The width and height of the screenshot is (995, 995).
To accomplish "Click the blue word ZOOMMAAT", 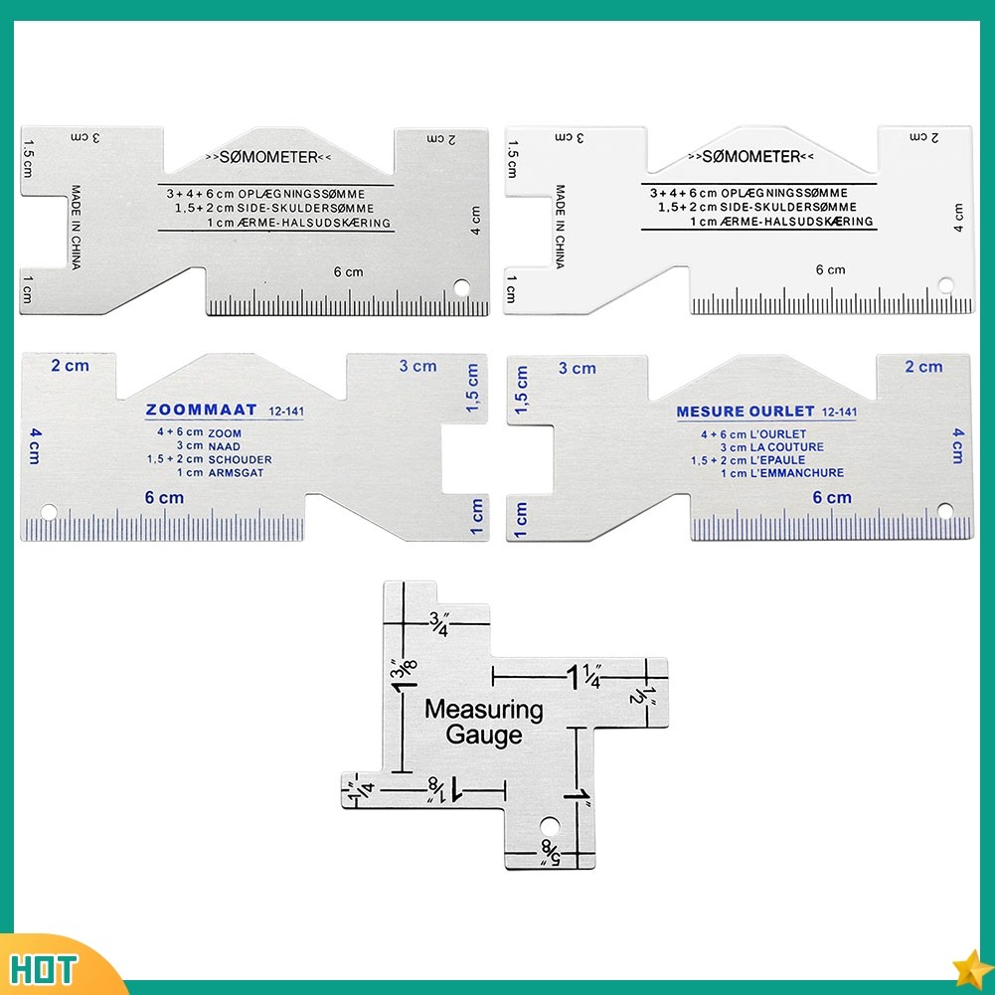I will [201, 410].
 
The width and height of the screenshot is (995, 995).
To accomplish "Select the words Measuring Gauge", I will [484, 723].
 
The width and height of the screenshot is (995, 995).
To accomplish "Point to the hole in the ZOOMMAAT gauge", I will [49, 512].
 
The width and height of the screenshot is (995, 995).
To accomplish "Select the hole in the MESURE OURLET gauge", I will [944, 511].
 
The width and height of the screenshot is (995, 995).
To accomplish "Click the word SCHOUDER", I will [240, 460].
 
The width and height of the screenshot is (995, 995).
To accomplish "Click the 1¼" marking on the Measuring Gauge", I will [585, 677].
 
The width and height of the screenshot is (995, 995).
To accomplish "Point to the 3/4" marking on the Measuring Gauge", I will [438, 625].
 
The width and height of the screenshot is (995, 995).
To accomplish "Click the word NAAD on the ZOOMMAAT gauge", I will [224, 447].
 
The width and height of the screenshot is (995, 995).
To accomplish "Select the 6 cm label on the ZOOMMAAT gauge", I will [164, 498].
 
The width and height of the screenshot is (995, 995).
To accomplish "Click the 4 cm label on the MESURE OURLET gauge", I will [957, 444].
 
